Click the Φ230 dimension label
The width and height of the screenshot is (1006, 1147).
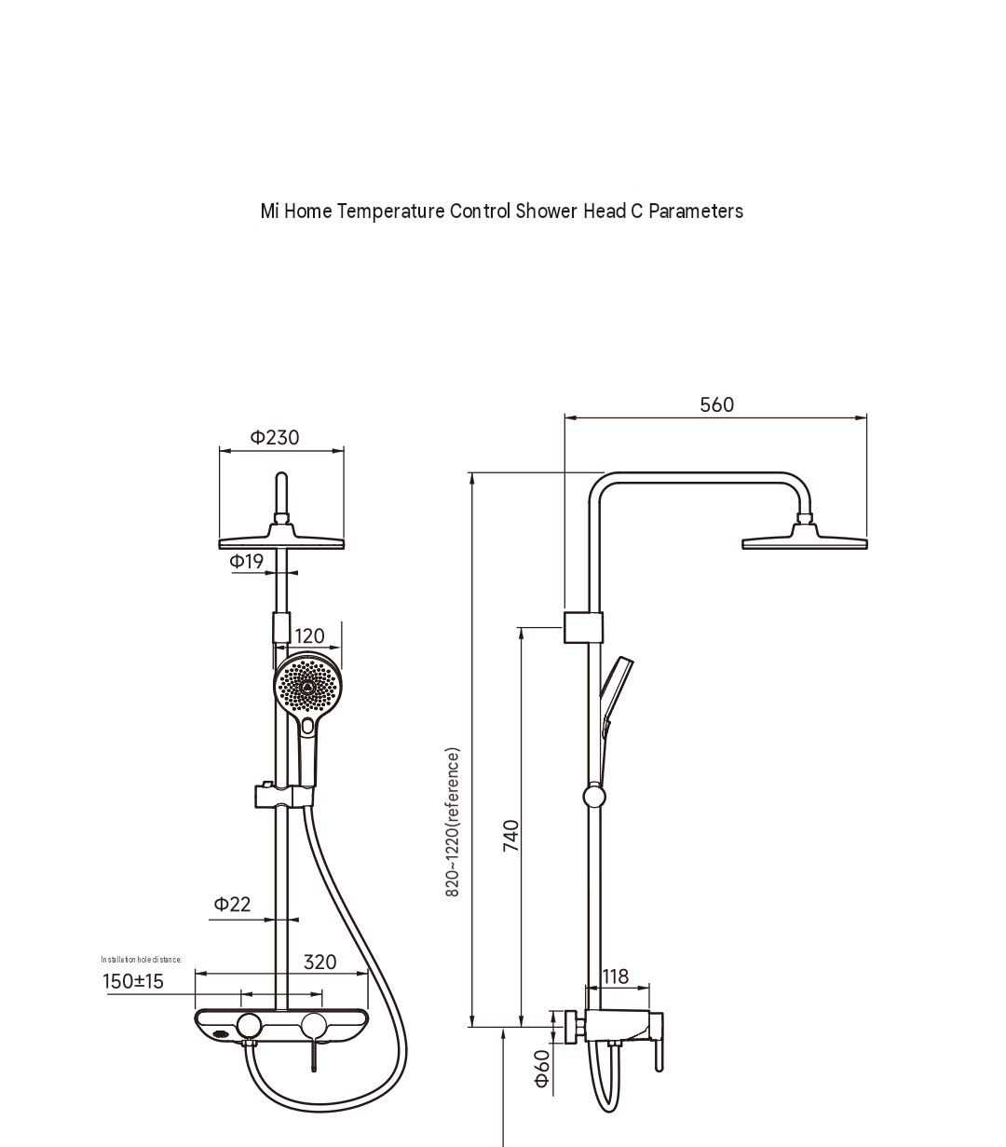point(275,437)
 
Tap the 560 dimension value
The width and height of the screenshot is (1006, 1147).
point(716,404)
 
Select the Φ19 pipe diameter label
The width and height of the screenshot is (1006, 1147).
point(246,561)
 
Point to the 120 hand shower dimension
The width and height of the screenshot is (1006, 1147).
point(309,635)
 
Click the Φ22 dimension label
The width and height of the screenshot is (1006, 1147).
point(232,904)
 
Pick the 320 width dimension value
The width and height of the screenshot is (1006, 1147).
point(319,962)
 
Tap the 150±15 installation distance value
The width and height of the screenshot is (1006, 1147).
point(133,981)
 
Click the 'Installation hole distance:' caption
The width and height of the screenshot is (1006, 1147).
point(142,960)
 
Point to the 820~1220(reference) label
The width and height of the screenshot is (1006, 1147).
point(453,822)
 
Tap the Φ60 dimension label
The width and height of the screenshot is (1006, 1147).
point(542,1069)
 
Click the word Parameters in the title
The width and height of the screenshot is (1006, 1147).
point(696,212)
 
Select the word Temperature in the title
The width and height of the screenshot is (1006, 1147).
point(391,212)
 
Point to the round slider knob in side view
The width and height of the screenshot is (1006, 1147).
point(594,797)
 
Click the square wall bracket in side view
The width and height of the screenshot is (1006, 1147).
point(583,627)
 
